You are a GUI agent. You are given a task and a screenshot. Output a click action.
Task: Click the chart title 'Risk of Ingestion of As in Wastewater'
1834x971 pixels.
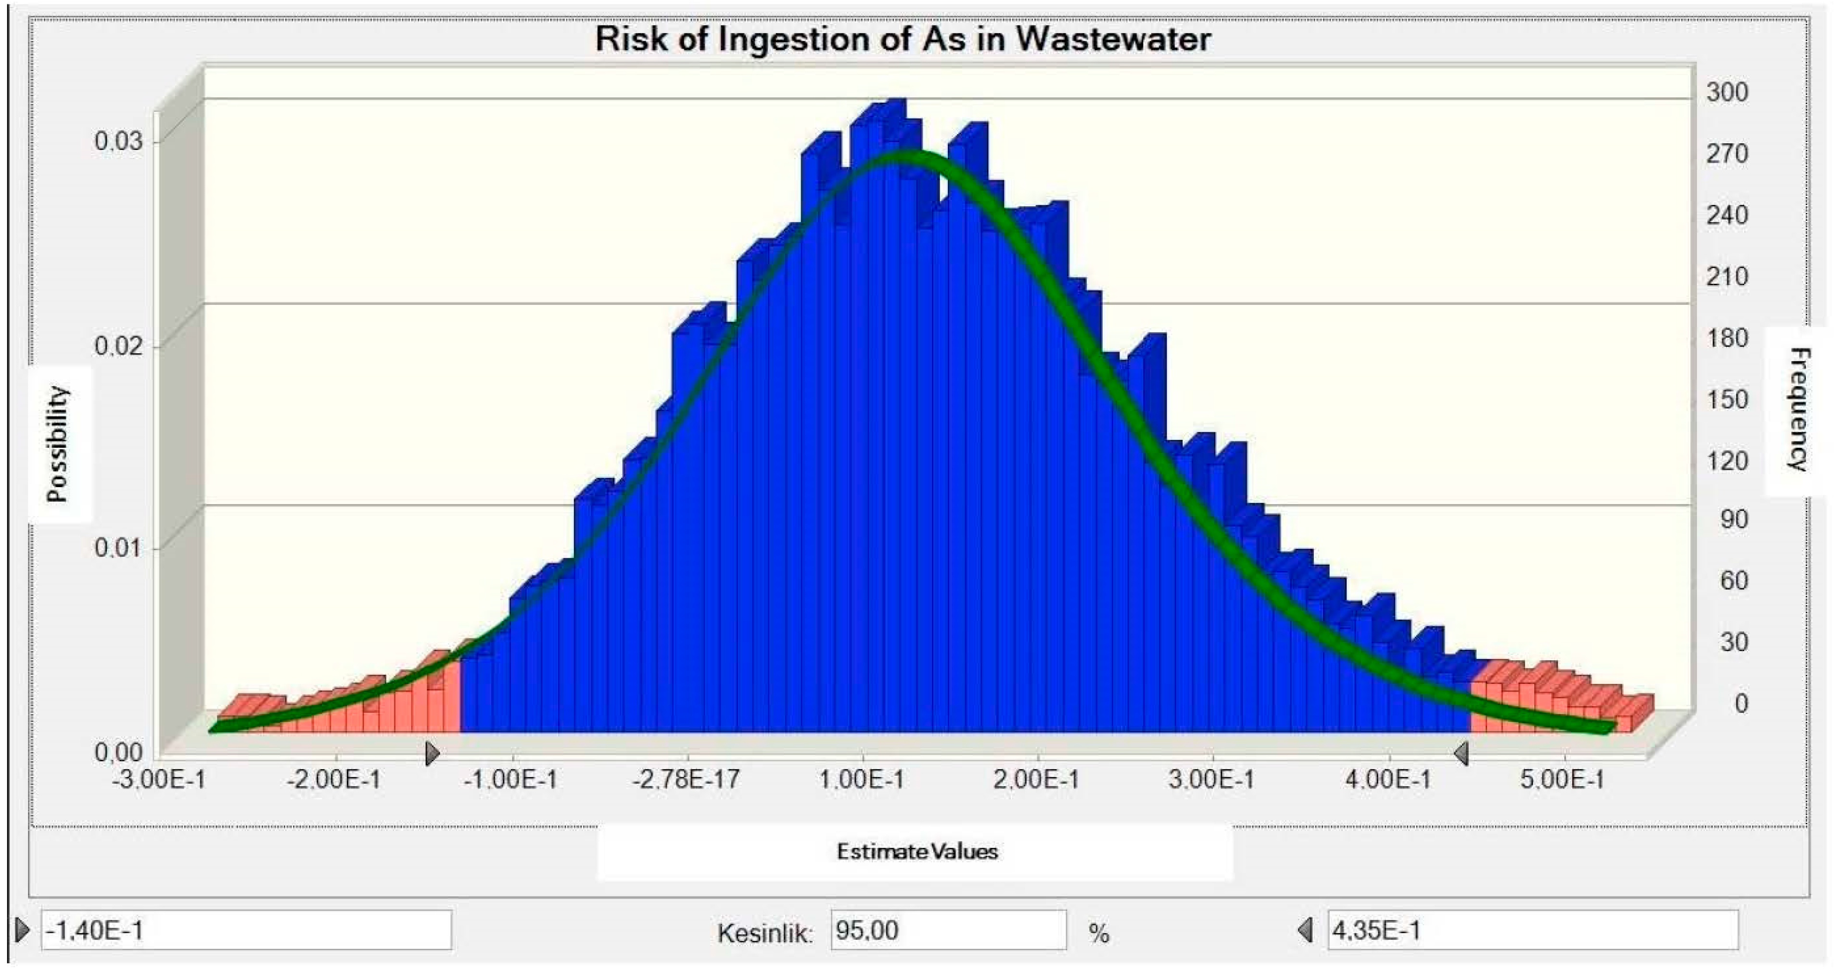coord(902,39)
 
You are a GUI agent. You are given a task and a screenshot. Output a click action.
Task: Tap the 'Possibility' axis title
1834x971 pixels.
coord(58,444)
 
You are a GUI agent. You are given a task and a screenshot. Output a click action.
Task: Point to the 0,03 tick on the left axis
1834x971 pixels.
coord(118,141)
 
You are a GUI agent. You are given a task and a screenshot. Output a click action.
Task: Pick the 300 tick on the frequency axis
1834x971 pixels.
coord(1727,92)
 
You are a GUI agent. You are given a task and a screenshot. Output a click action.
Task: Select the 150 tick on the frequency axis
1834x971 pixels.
coord(1727,399)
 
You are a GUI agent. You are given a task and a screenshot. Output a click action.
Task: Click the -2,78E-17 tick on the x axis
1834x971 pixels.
coord(687,780)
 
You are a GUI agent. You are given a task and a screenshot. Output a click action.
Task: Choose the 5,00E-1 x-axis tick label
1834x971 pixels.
coord(1563,780)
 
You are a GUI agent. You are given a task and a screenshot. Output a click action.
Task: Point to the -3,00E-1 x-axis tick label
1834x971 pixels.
coord(158,780)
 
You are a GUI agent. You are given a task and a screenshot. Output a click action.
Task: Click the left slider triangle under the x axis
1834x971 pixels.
coord(432,753)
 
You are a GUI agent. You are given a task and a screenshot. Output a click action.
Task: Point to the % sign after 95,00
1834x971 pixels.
coord(1098,933)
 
